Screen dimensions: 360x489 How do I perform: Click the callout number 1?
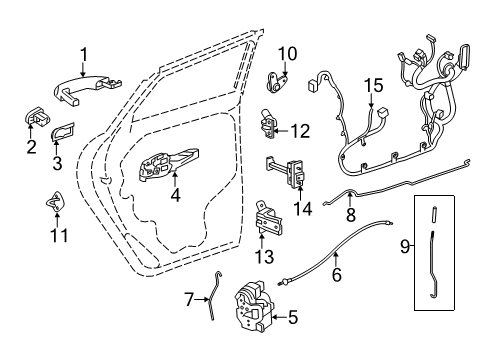point(84,54)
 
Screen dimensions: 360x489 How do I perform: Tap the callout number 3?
point(55,162)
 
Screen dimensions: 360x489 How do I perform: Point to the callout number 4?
point(175,196)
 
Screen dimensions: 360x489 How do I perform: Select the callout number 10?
point(288,53)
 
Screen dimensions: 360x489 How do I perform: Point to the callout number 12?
point(300,131)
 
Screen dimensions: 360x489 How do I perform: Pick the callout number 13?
point(265,257)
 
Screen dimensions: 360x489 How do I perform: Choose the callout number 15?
point(373,86)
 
